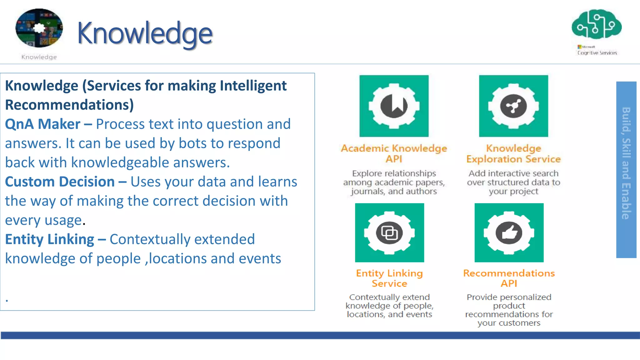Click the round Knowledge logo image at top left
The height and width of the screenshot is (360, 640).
pos(39,28)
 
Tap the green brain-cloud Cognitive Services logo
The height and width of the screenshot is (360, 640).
pos(597,24)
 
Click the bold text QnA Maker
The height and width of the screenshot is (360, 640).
pos(43,124)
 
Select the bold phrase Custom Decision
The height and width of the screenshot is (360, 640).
pos(60,182)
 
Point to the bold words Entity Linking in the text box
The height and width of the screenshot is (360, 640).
pos(49,239)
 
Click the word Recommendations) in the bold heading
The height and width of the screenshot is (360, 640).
pos(69,105)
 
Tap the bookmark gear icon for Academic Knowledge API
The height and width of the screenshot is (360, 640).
pos(394,106)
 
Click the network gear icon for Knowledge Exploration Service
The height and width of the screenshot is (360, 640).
pos(513,106)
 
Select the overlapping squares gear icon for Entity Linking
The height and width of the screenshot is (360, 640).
pos(389,233)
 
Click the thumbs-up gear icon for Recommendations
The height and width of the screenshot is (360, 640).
pos(509,233)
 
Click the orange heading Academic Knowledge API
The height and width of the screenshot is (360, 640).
pos(394,153)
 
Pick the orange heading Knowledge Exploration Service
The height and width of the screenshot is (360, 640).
pos(513,153)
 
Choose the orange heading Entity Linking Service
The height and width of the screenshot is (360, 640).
pos(389,278)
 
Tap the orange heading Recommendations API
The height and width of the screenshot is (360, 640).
pos(509,278)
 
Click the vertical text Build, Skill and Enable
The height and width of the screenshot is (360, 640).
pos(626,163)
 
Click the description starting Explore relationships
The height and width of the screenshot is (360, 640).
pos(394,182)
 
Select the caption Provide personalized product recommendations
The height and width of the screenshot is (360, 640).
pos(509,310)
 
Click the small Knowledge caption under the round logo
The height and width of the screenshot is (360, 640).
pos(39,57)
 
